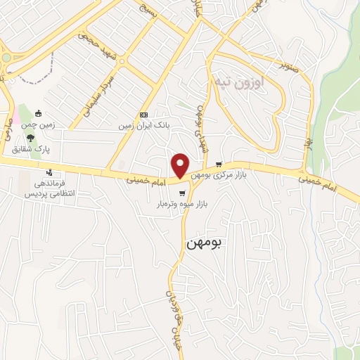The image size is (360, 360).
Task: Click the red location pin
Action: point(181,165)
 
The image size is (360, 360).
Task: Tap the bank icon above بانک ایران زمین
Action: point(144,115)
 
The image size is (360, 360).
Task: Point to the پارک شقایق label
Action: point(28,149)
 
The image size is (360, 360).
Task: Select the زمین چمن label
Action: point(41,125)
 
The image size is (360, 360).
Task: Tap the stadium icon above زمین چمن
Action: point(38,114)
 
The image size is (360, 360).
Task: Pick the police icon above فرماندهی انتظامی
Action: point(49,172)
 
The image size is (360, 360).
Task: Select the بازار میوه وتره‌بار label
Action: point(184,205)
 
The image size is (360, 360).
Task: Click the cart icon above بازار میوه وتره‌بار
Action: point(182,193)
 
